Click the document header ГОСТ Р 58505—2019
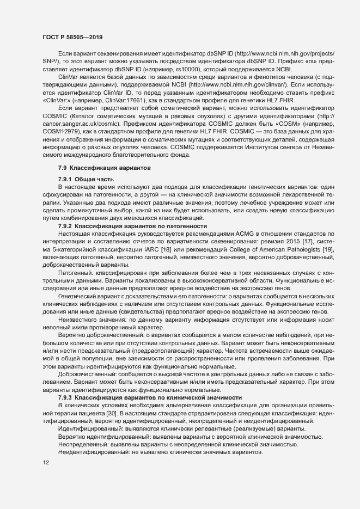pyautogui.click(x=71, y=38)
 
